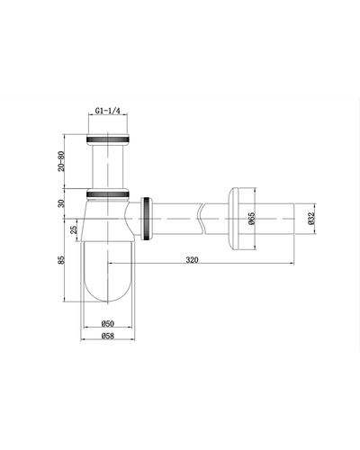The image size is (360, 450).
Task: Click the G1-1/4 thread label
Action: click(108, 111)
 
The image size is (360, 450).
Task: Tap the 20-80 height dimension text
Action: click(61, 161)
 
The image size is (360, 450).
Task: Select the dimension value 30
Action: click(61, 203)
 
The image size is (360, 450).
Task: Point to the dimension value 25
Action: click(74, 229)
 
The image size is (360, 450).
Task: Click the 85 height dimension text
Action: click(61, 260)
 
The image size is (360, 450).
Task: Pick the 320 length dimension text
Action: click(192, 259)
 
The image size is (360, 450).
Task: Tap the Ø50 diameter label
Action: click(108, 323)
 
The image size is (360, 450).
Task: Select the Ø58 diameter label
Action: click(108, 336)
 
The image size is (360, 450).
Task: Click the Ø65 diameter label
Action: click(251, 219)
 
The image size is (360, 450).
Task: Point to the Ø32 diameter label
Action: click(310, 219)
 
